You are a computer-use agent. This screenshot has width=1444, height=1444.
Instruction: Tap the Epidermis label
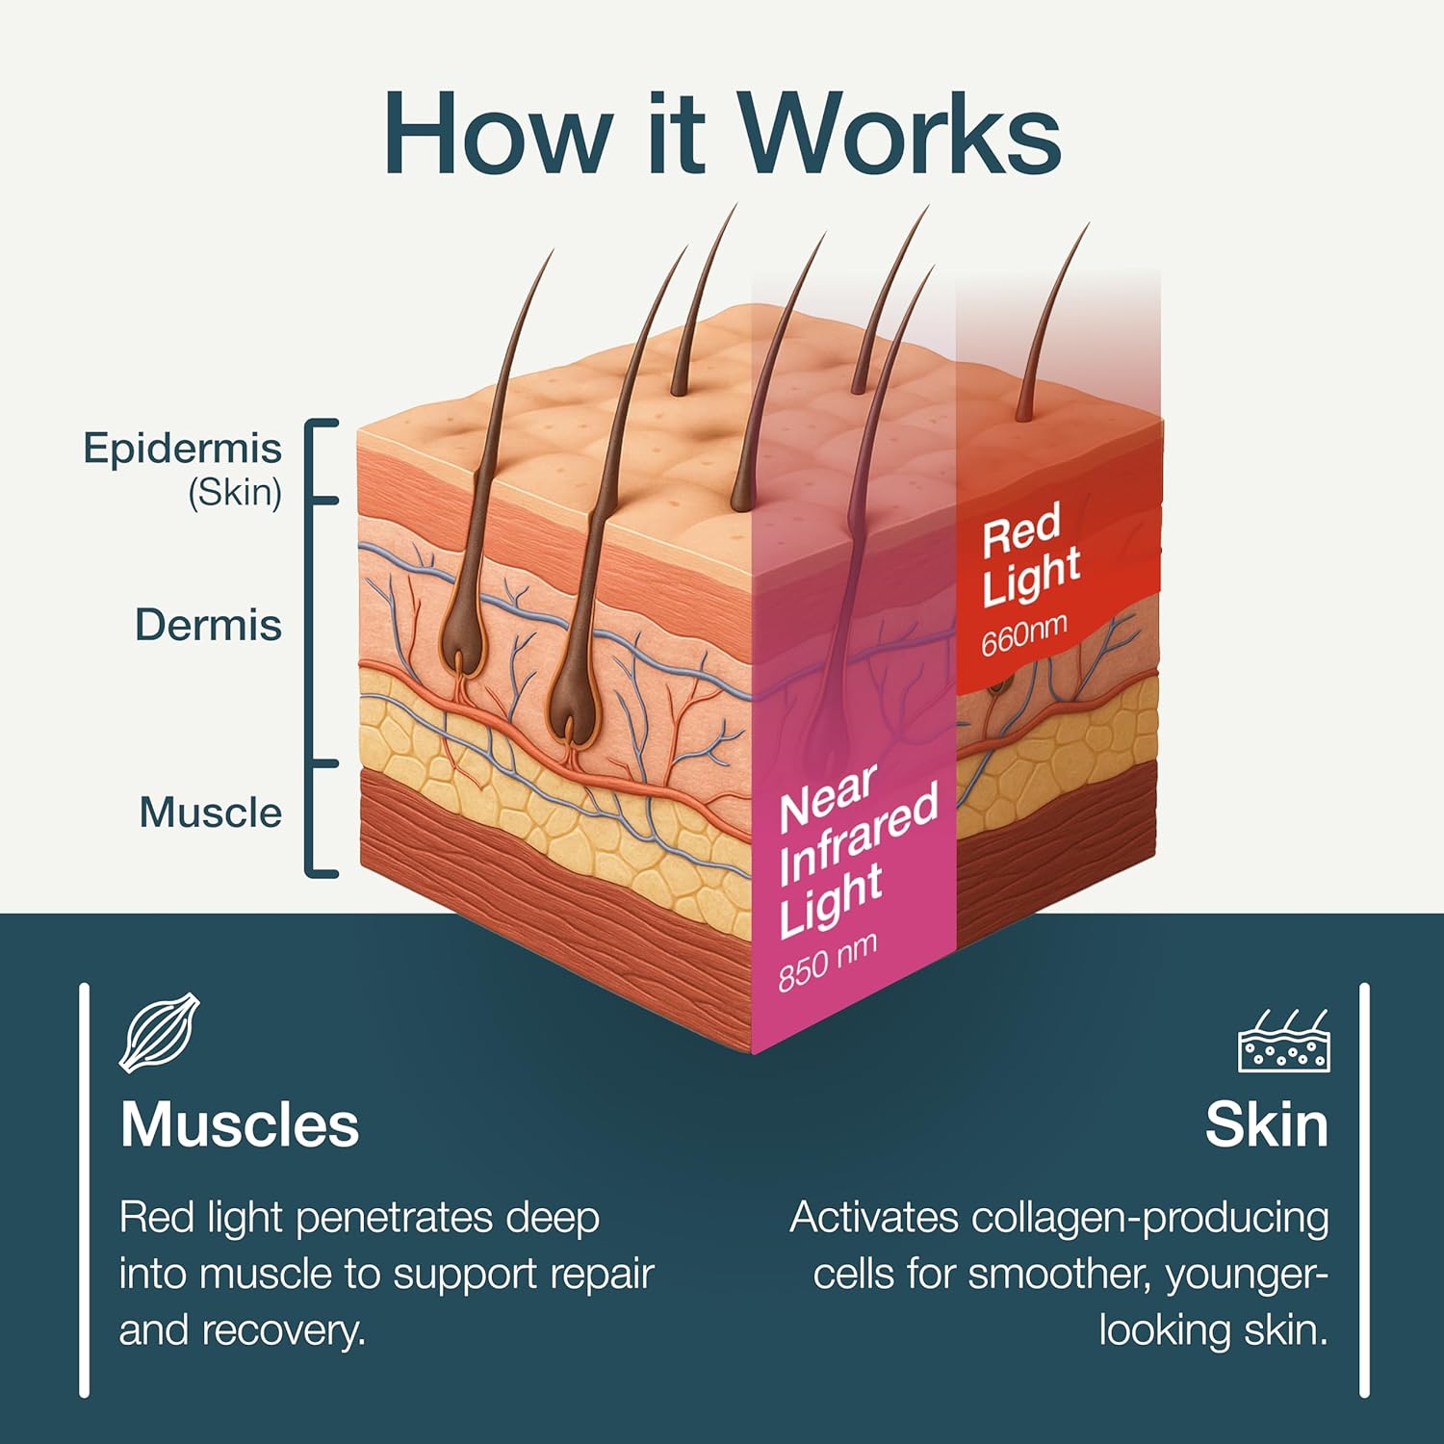click(183, 449)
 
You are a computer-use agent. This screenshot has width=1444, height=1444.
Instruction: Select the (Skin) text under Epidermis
click(235, 493)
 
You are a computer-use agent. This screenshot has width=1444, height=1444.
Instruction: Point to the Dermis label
click(208, 626)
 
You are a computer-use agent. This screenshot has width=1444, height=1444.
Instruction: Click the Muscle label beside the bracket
click(211, 812)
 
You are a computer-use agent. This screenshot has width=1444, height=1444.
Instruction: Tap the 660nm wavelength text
click(1024, 635)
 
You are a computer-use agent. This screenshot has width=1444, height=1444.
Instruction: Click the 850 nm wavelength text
click(828, 961)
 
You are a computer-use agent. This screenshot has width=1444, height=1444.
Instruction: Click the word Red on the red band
click(1021, 529)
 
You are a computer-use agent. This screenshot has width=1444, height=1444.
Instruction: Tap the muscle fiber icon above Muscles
click(160, 1032)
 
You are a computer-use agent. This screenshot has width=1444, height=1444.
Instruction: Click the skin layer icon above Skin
click(1283, 1041)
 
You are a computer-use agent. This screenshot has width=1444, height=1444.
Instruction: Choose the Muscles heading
click(240, 1124)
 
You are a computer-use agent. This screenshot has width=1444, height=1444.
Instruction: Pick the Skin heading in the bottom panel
click(1267, 1124)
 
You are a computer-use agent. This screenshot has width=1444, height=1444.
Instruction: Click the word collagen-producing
click(1150, 1218)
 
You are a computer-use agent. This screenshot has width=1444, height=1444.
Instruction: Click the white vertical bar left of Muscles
click(85, 1190)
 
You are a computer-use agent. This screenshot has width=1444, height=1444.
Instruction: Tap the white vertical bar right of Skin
click(1364, 1190)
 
